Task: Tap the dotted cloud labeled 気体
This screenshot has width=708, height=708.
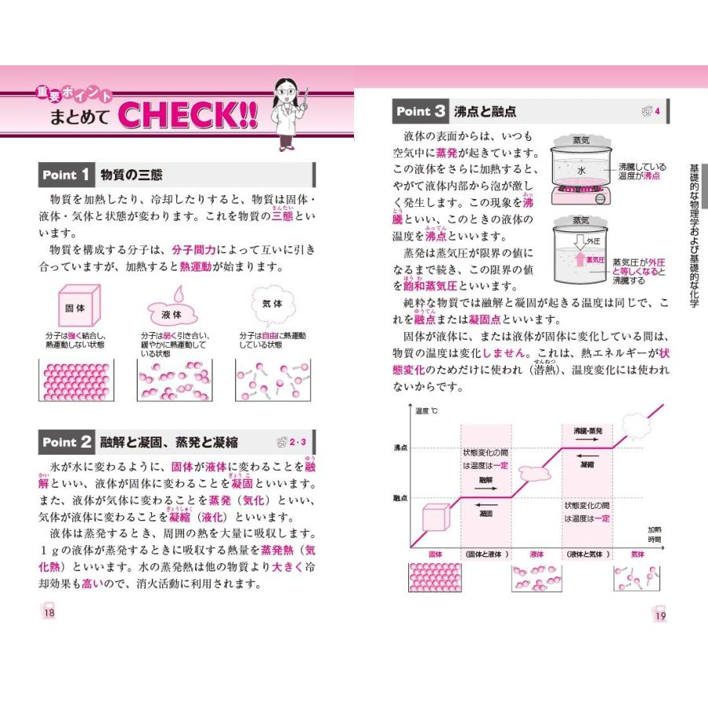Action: [271, 304]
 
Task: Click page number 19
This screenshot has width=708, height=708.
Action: [659, 615]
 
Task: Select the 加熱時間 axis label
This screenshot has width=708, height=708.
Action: [654, 534]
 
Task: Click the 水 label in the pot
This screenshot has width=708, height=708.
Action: [581, 170]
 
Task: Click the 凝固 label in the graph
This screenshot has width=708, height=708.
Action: [485, 512]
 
